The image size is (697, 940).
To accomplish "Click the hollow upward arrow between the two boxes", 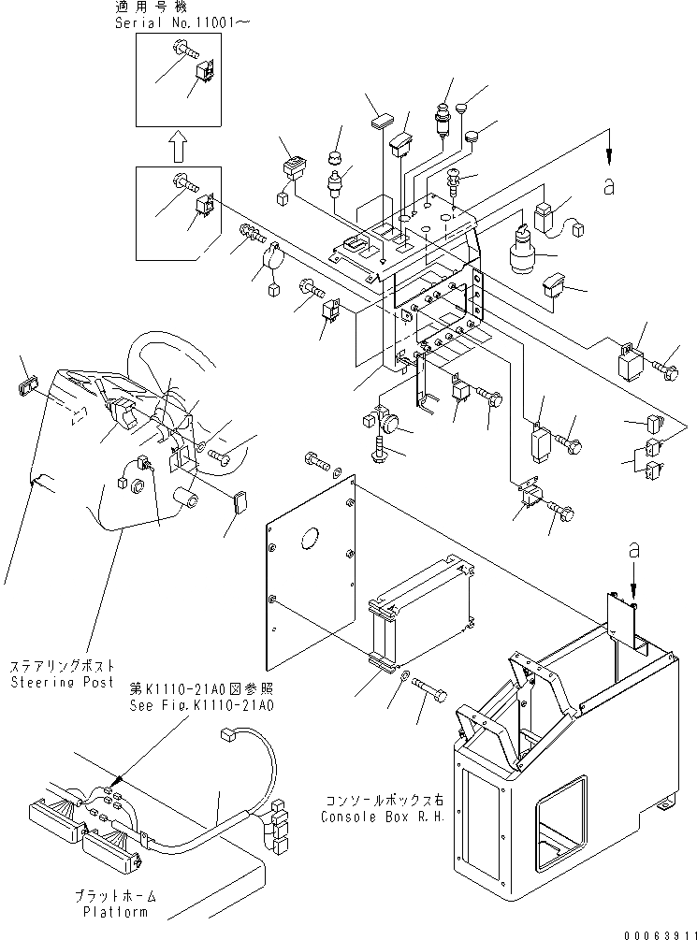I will coord(176,147).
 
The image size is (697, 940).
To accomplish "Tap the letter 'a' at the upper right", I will coord(610,187).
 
